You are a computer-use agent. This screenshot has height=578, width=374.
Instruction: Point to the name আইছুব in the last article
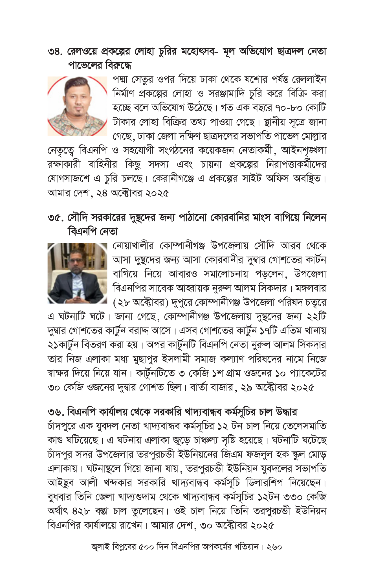click(60, 483)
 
